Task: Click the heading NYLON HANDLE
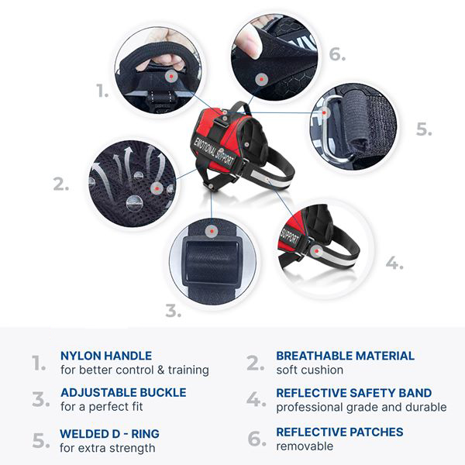pyautogui.click(x=105, y=356)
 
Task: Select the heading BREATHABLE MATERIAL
pyautogui.click(x=345, y=356)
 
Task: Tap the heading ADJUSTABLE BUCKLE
pyautogui.click(x=123, y=392)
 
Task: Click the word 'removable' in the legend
pyautogui.click(x=305, y=446)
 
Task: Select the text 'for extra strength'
pyautogui.click(x=108, y=447)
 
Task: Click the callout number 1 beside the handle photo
pyautogui.click(x=102, y=91)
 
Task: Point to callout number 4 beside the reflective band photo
pyautogui.click(x=394, y=263)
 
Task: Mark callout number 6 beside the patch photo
pyautogui.click(x=336, y=55)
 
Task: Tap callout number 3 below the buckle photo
pyautogui.click(x=173, y=312)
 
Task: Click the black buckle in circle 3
pyautogui.click(x=210, y=263)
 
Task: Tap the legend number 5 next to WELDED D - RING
pyautogui.click(x=40, y=441)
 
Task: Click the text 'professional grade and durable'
pyautogui.click(x=361, y=407)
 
